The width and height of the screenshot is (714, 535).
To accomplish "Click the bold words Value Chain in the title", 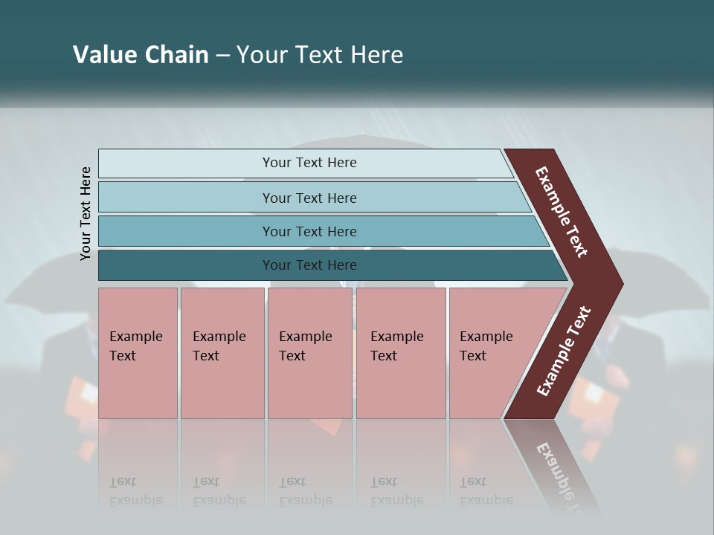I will coord(141,55).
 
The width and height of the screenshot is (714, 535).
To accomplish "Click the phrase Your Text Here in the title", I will coord(320,55).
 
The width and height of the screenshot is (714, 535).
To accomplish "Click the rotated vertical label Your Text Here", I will coord(86,214).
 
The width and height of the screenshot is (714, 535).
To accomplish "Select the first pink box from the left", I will coord(138,353).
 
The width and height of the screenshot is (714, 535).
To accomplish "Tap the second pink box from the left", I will coord(222,353).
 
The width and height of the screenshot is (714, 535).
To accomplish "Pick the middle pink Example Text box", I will coord(309,353).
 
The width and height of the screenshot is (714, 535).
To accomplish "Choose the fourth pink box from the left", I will coord(401,353).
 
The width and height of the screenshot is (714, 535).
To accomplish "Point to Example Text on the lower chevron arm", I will coord(564,351).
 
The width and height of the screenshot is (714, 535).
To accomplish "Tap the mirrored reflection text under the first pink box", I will coord(135,491).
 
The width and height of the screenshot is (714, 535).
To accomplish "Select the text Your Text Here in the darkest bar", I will coord(309,265).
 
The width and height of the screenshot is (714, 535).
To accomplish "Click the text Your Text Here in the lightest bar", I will coord(309,163).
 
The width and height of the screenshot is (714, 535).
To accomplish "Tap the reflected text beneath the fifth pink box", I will coord(486,491).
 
